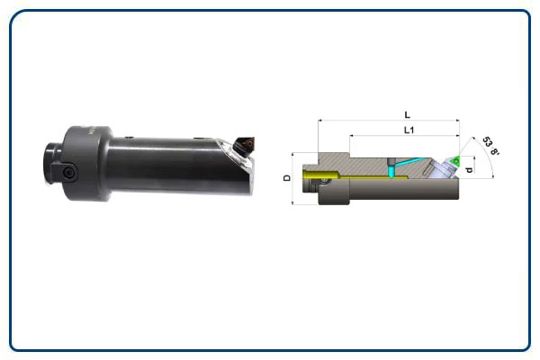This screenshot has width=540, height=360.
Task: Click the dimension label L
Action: [x=408, y=114]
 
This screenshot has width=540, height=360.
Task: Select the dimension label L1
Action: [x=409, y=130]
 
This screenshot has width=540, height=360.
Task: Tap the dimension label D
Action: [x=287, y=178]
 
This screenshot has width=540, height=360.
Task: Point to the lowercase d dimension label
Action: [x=469, y=169]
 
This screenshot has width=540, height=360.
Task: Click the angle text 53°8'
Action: [x=490, y=146]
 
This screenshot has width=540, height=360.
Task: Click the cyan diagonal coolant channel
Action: [x=409, y=162]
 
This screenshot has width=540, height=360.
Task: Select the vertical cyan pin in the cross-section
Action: [x=391, y=171]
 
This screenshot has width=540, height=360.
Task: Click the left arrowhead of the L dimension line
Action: [x=319, y=121]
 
